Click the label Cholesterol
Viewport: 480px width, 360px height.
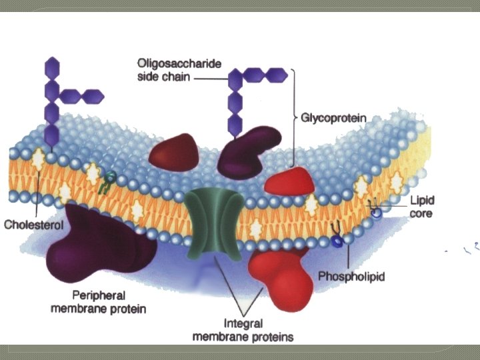coord(33,225)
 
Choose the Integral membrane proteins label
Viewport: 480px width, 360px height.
coord(243,330)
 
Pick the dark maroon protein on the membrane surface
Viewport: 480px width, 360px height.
coord(174,153)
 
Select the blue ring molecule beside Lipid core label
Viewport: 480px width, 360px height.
coord(377,212)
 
